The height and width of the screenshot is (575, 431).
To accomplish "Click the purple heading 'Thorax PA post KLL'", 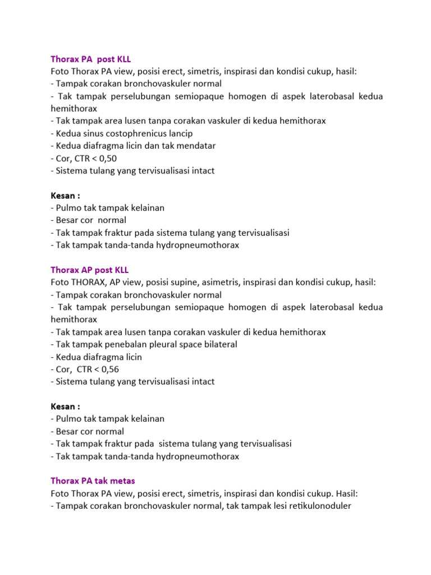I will (x=90, y=59).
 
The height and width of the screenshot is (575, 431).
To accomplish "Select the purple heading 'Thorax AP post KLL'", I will (x=90, y=270).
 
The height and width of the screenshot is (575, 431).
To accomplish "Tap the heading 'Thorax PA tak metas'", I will (x=93, y=481).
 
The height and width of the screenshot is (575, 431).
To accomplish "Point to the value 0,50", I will (x=107, y=158).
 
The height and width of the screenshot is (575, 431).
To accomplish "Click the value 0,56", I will (x=108, y=369).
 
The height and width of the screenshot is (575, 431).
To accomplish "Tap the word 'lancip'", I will (x=178, y=134).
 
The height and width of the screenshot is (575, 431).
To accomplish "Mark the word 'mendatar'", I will (x=196, y=146).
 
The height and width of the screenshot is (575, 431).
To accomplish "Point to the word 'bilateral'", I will (x=217, y=345).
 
